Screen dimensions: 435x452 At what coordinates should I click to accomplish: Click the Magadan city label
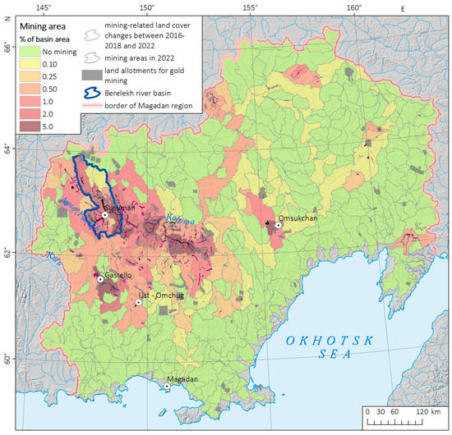(x=183, y=377)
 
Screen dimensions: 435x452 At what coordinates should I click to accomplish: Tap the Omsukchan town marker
(x=279, y=224)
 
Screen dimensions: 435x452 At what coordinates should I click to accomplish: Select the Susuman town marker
(x=104, y=214)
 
